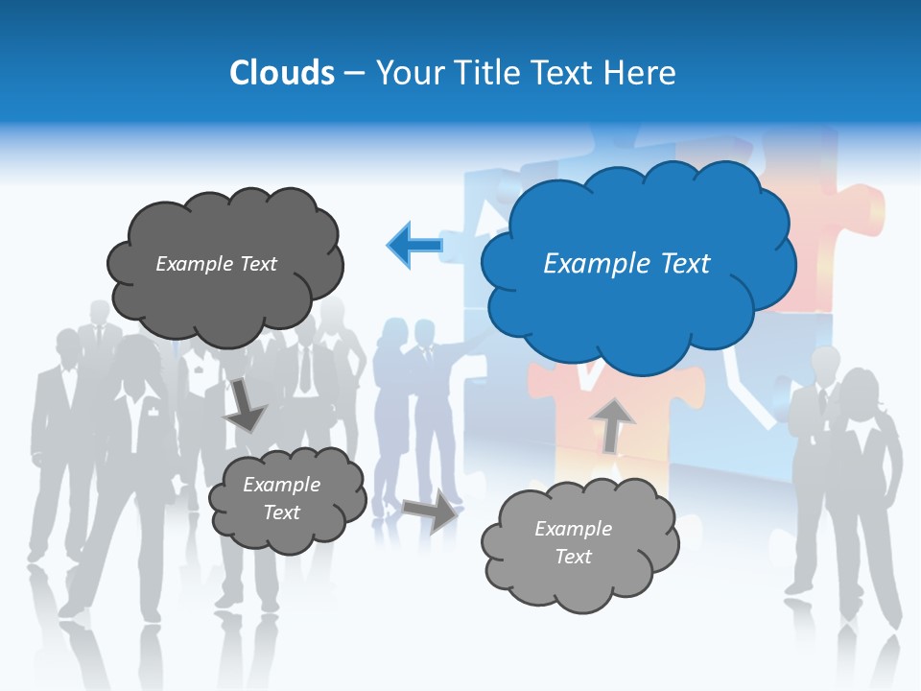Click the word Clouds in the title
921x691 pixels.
pyautogui.click(x=282, y=73)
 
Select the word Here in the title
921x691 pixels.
pyautogui.click(x=640, y=73)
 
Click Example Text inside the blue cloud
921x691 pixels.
pyautogui.click(x=626, y=264)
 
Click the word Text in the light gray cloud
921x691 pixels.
pyautogui.click(x=573, y=557)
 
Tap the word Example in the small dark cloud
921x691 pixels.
pyautogui.click(x=282, y=485)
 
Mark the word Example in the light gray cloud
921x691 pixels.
pyautogui.click(x=573, y=529)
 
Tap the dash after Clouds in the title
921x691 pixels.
pyautogui.click(x=354, y=74)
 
